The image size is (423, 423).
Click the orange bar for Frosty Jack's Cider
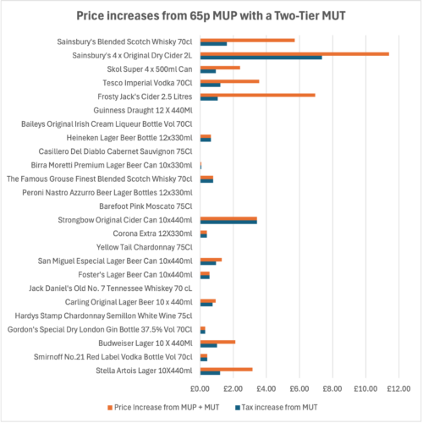(x=257, y=95)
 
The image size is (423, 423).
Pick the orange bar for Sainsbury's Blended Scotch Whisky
(x=247, y=40)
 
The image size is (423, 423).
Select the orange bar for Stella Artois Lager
(x=226, y=369)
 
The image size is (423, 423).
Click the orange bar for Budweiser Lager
(x=217, y=342)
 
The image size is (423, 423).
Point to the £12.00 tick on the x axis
(x=398, y=389)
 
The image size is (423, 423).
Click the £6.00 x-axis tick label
(x=299, y=389)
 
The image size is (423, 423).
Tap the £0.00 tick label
(x=201, y=389)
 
